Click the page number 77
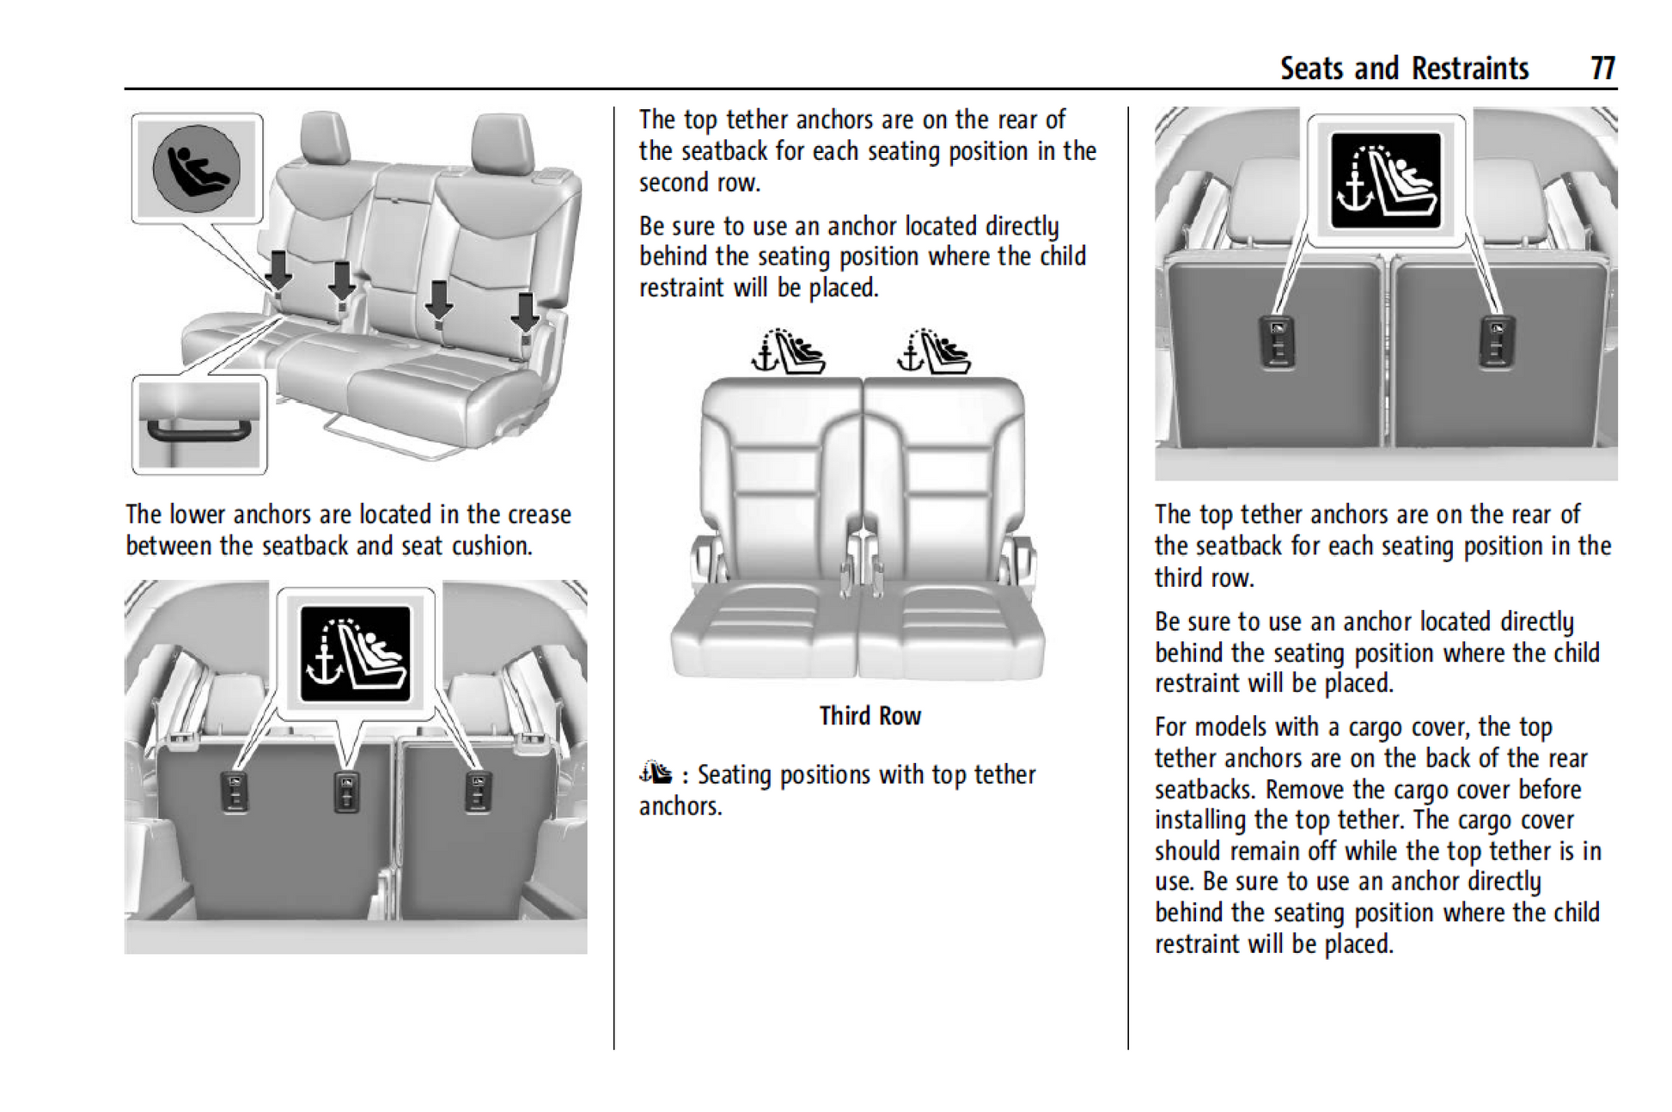(1602, 68)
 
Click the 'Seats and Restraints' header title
(1404, 68)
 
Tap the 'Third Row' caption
(870, 716)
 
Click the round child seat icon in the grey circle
(196, 168)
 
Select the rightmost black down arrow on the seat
(525, 312)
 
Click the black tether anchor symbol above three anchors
(355, 654)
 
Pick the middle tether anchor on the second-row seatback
(346, 791)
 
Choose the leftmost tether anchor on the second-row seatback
(234, 791)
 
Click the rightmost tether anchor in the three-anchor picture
(478, 791)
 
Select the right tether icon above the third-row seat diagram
(933, 353)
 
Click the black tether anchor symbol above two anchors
(1385, 181)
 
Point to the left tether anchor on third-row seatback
(1276, 341)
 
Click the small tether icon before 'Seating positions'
(656, 773)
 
